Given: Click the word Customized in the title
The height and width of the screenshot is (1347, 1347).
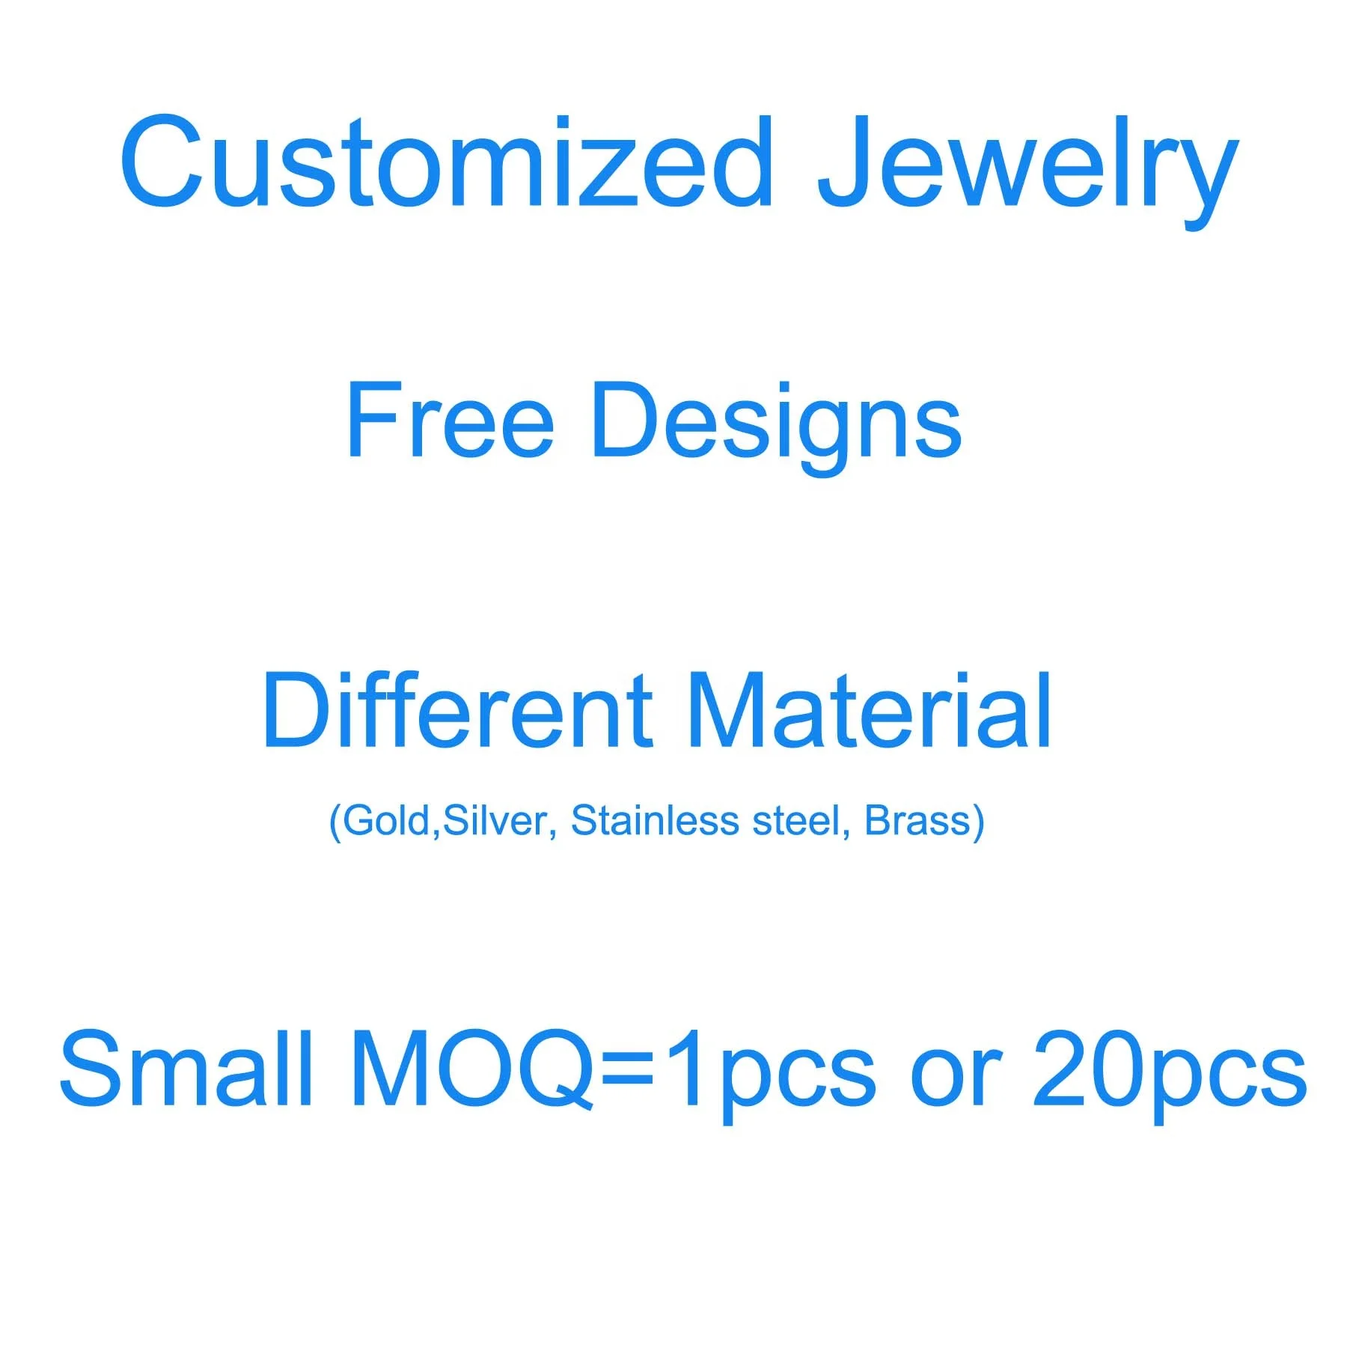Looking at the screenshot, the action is point(447,162).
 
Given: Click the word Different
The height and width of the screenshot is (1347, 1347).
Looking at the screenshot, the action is point(458,709).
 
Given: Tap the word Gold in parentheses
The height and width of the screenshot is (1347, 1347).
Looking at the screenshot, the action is point(386,820).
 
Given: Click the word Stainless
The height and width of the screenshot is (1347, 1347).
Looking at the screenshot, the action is point(655,820).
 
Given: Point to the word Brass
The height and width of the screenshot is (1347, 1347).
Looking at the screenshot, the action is point(917,820).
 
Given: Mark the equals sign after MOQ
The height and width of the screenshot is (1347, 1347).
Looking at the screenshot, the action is point(627,1071).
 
